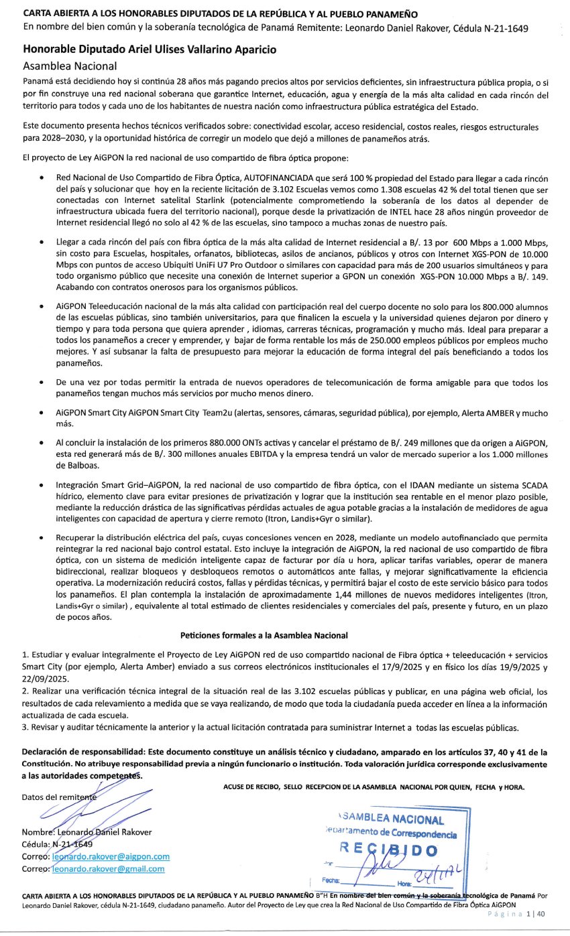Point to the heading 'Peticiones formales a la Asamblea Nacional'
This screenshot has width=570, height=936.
[264, 634]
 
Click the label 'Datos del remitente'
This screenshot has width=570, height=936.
[59, 797]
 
